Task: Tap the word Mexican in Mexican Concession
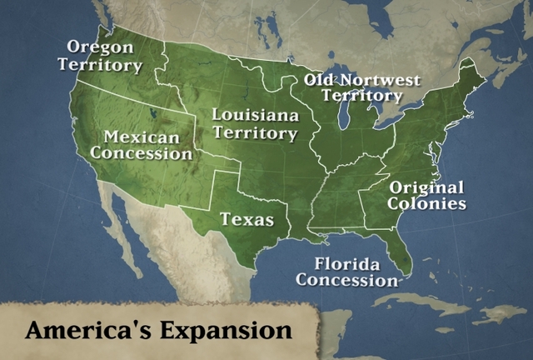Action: (x=142, y=137)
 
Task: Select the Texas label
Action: (x=247, y=220)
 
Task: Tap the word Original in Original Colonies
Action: (x=427, y=187)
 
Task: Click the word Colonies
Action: (x=427, y=203)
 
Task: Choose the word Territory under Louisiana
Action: (x=255, y=133)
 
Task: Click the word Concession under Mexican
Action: (x=142, y=153)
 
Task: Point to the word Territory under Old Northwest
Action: (x=361, y=97)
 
